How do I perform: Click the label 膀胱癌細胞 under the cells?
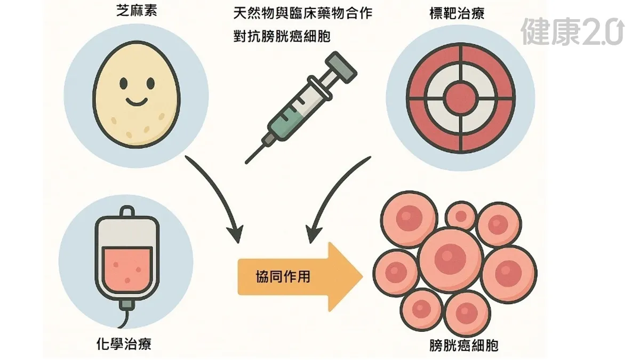tap(464, 345)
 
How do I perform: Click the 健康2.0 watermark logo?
tap(572, 31)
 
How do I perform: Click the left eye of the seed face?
tap(123, 83)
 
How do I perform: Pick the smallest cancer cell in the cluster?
tap(460, 215)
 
